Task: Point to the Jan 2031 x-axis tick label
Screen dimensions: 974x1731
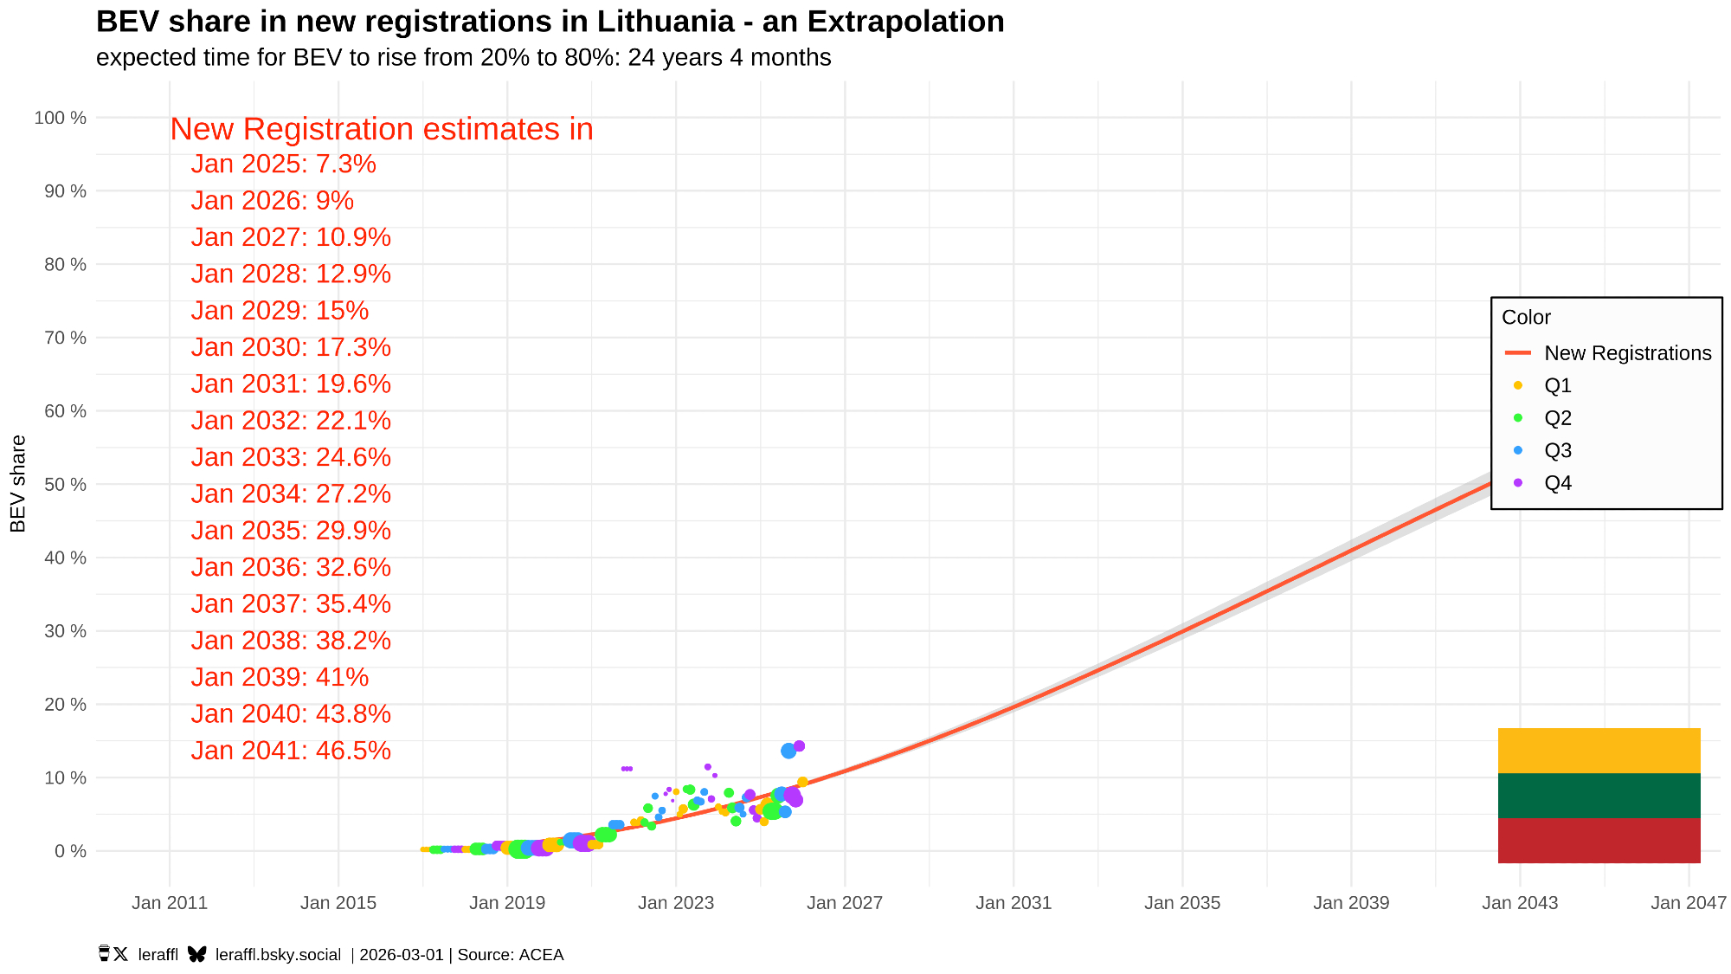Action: pyautogui.click(x=1014, y=903)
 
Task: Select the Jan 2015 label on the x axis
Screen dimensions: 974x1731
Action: pyautogui.click(x=338, y=903)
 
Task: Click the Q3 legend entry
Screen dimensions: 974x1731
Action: pyautogui.click(x=1558, y=450)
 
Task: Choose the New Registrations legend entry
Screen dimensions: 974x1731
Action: pyautogui.click(x=1627, y=353)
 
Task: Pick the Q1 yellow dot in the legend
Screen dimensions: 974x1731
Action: pyautogui.click(x=1518, y=385)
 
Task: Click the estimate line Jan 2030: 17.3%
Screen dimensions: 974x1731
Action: pyautogui.click(x=291, y=347)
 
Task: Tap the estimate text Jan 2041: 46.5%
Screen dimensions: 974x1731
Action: pyautogui.click(x=291, y=751)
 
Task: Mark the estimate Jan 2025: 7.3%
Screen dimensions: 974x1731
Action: pyautogui.click(x=284, y=164)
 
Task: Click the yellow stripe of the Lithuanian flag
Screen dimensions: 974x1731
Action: pyautogui.click(x=1599, y=751)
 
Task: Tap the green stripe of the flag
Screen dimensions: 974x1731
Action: pyautogui.click(x=1599, y=796)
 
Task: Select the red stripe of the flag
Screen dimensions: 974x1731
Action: pyautogui.click(x=1599, y=841)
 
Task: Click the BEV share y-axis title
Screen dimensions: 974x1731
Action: pyautogui.click(x=18, y=484)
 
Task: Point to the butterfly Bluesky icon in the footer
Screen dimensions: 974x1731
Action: pyautogui.click(x=197, y=954)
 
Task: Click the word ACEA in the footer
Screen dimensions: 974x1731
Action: pyautogui.click(x=542, y=955)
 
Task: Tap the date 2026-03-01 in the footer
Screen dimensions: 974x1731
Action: pyautogui.click(x=402, y=955)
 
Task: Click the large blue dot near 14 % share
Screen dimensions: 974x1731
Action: pyautogui.click(x=788, y=751)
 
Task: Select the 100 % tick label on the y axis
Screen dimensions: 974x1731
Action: pyautogui.click(x=61, y=118)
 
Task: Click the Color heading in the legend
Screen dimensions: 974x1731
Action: pyautogui.click(x=1526, y=318)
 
